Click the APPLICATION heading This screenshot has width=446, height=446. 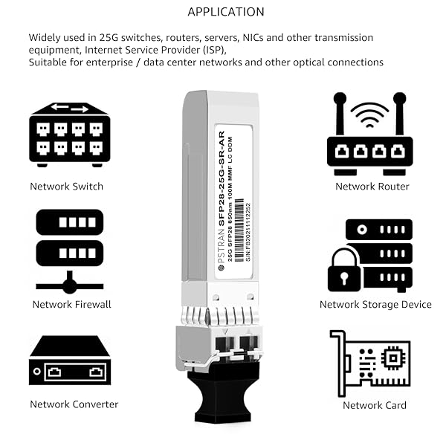coord(225,12)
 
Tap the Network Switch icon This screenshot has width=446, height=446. coord(70,134)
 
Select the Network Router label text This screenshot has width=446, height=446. coord(372,187)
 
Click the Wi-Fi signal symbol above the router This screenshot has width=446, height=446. coord(369,114)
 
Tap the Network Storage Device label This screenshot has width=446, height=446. coord(375,304)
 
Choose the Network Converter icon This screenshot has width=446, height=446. coord(70,361)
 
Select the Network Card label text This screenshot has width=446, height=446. coord(375,405)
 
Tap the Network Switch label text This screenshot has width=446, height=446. coord(66,187)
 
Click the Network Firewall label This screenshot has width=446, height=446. coord(71,304)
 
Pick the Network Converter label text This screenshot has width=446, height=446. coord(74,404)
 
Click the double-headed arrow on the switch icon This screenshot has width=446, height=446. coord(69,109)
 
